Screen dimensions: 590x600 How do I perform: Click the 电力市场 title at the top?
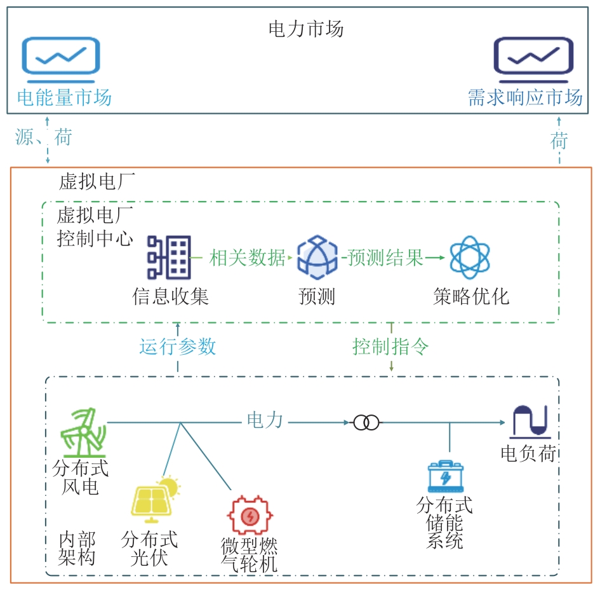tap(306, 29)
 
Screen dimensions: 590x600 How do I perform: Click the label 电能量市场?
tap(63, 97)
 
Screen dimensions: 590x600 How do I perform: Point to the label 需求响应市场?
tap(525, 97)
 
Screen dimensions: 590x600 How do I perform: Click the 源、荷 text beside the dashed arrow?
tap(43, 137)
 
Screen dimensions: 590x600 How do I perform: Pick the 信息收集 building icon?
tap(168, 257)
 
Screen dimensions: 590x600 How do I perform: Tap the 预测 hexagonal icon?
tap(317, 257)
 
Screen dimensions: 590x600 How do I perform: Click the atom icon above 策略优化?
tap(470, 257)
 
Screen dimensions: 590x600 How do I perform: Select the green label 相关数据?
tap(248, 258)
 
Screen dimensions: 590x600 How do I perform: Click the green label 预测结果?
tap(385, 258)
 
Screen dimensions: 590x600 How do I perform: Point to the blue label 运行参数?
tap(178, 346)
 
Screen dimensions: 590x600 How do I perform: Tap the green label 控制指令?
tap(390, 346)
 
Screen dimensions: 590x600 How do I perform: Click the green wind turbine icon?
tap(82, 430)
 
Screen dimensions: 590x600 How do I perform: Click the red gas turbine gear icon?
tap(251, 514)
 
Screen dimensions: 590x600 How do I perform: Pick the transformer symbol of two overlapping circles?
tap(366, 422)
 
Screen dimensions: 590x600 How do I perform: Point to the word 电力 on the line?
tap(265, 420)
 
